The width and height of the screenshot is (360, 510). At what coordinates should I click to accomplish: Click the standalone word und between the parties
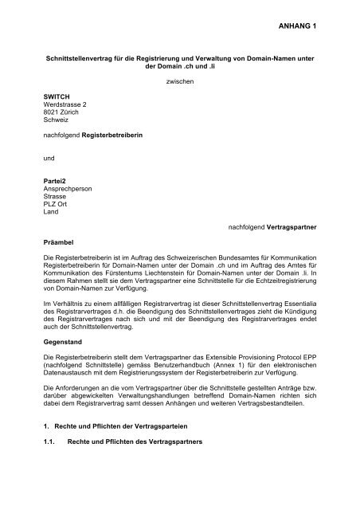[x=47, y=182]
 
